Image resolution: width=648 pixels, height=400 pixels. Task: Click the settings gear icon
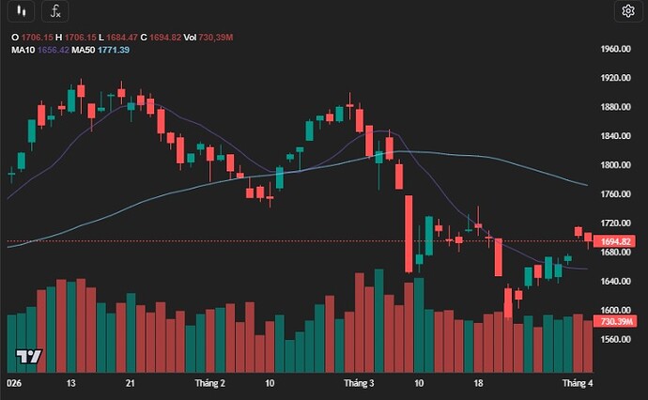[627, 11]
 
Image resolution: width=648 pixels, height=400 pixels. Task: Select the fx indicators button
[55, 11]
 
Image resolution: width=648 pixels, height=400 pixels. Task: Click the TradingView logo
[28, 357]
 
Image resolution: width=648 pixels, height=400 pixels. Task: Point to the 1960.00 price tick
[615, 49]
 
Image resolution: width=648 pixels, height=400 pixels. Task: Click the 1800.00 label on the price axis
[615, 165]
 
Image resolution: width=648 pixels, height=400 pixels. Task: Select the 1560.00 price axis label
[615, 339]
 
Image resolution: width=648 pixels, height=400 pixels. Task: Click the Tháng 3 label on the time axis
[359, 383]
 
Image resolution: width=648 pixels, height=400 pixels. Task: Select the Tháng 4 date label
[577, 383]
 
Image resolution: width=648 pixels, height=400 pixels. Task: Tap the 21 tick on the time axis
[131, 383]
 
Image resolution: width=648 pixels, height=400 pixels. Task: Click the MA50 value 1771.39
[113, 49]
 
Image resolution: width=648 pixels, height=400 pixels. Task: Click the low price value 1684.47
[119, 37]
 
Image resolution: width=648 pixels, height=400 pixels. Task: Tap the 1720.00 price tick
[615, 223]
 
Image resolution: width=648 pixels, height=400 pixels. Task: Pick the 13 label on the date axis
[70, 383]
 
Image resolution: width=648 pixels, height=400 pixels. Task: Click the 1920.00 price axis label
[615, 78]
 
